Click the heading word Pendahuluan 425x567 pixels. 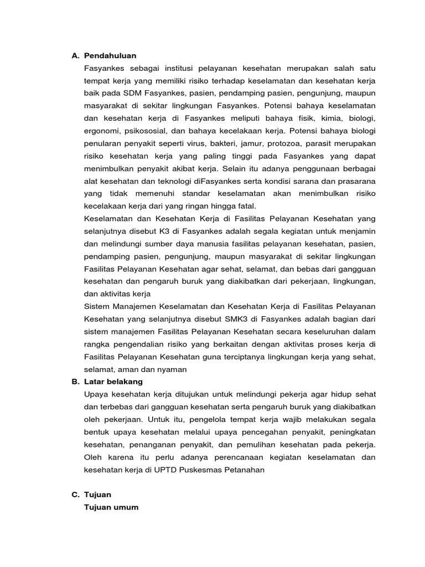point(110,56)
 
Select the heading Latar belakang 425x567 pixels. point(113,382)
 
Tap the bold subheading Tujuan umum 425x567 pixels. point(111,507)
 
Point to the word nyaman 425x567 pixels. point(171,369)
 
